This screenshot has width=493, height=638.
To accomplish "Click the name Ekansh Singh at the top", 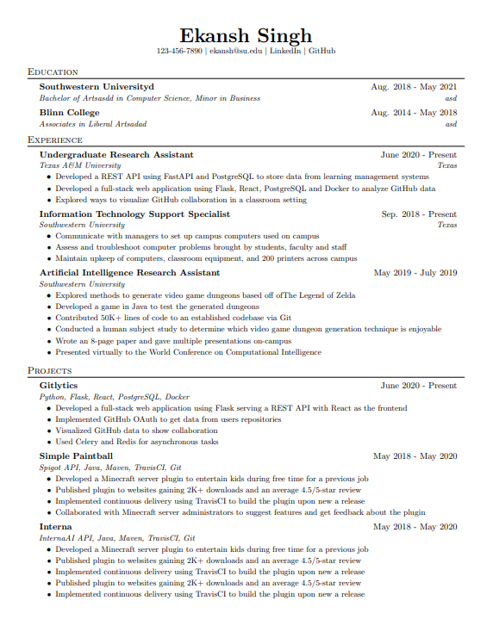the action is tap(246, 35).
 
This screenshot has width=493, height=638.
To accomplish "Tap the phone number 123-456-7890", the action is tap(179, 52).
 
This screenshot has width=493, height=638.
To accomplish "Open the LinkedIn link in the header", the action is tap(284, 52).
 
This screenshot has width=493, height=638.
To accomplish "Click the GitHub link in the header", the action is tap(321, 52).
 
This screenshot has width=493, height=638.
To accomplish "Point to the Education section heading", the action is tap(53, 72).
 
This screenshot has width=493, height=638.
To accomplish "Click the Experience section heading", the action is tap(55, 139).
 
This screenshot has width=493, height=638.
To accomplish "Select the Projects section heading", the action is tap(49, 370).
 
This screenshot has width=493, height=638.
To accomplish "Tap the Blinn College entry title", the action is tap(69, 113).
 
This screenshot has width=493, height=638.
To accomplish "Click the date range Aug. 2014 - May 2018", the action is tap(414, 113).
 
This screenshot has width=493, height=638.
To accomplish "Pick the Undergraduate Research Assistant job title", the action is tap(116, 155).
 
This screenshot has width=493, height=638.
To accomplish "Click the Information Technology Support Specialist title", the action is tap(134, 214).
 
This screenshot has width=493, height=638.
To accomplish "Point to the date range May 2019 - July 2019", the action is tap(415, 273).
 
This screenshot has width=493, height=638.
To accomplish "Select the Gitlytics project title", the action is tap(59, 386).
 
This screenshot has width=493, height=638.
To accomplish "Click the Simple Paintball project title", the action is tap(76, 455).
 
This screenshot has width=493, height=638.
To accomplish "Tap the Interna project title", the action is tap(56, 526).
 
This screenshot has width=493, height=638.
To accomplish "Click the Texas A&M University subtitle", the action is tap(80, 165).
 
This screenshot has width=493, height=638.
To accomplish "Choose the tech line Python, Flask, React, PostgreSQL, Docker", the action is tap(115, 397).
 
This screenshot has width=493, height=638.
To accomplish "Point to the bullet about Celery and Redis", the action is tap(136, 442).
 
